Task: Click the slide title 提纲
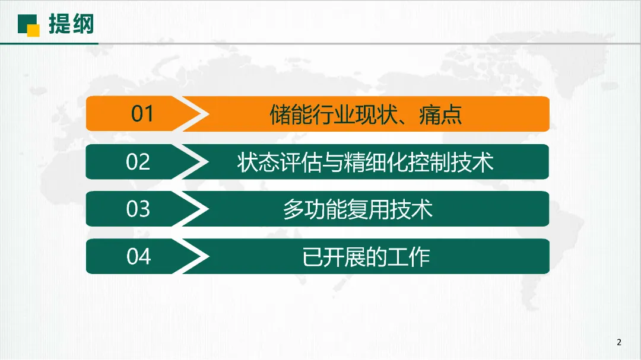tap(71, 24)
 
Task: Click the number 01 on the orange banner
tap(142, 114)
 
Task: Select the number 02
tap(138, 161)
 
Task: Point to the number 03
tap(138, 209)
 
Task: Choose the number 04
tap(138, 257)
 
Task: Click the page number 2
tap(619, 342)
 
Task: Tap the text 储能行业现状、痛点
tap(366, 114)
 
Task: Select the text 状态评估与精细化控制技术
tap(366, 162)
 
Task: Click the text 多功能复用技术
tap(358, 209)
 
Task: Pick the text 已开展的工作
tap(366, 257)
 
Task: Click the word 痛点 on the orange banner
tap(440, 114)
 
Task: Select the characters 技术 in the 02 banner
tap(472, 162)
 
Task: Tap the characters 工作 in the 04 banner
tap(408, 257)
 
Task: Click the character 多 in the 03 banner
tap(294, 209)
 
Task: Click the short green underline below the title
tap(49, 43)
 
